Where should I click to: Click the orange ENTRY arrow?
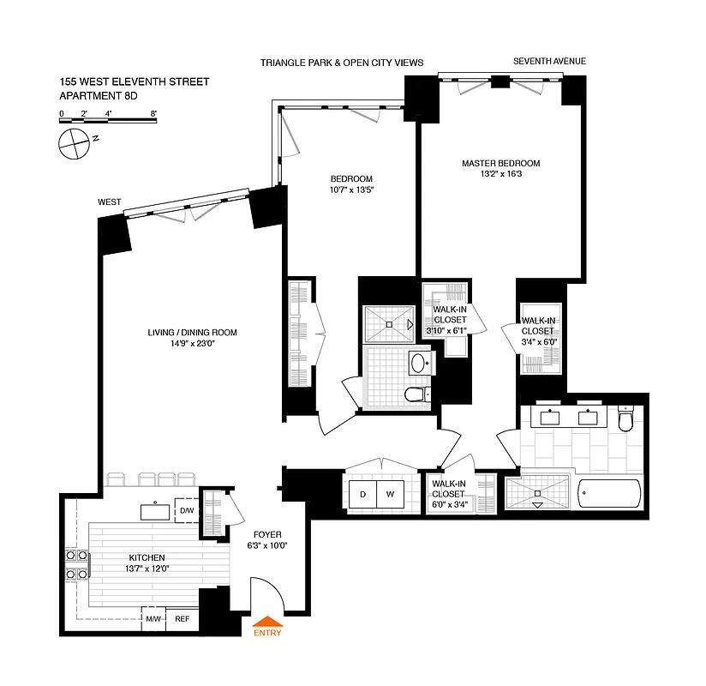tap(266, 623)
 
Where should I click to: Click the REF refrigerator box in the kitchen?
tap(182, 618)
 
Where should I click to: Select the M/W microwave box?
tap(154, 618)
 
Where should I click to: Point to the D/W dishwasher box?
tap(187, 512)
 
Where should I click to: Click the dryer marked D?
tap(362, 495)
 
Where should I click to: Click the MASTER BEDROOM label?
tap(501, 163)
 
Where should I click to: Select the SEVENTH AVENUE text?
tap(549, 62)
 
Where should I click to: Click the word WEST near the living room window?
tap(109, 202)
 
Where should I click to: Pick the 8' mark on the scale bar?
tap(153, 113)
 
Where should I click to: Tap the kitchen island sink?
tap(155, 512)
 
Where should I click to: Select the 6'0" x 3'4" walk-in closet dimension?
tap(450, 506)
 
